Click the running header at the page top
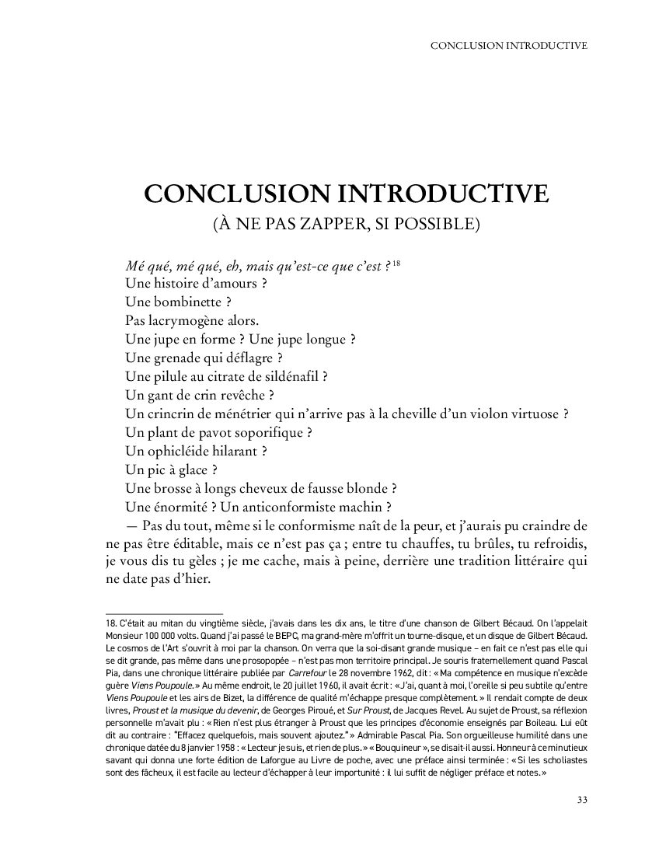pos(508,45)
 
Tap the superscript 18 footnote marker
pos(396,265)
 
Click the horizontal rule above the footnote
pos(163,613)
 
